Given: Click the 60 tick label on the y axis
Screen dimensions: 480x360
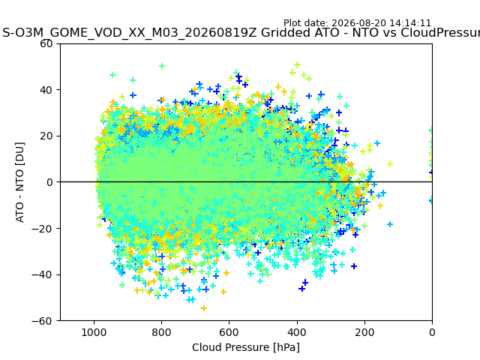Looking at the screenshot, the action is (46, 44).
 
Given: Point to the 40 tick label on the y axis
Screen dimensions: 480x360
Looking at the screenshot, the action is (46, 90).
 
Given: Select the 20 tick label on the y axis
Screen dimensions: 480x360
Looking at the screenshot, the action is (46, 136).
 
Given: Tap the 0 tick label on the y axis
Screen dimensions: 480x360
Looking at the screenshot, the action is (49, 182).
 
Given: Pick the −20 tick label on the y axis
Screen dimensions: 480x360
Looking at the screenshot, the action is (42, 229).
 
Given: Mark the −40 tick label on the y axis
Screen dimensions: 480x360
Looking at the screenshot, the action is (42, 275).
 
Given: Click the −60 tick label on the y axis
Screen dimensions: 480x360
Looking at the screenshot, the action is (42, 321).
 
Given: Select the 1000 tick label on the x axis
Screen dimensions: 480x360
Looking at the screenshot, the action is (94, 332).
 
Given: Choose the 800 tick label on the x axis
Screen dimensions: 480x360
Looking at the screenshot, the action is (162, 332).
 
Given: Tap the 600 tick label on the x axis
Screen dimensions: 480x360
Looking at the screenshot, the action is (229, 332).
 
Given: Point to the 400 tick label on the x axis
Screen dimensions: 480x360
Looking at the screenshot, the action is (297, 332).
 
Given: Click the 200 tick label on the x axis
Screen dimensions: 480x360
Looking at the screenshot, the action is (364, 332).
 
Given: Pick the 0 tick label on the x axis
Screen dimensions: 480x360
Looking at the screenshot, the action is (432, 332).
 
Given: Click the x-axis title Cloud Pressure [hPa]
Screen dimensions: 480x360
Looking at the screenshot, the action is (246, 348).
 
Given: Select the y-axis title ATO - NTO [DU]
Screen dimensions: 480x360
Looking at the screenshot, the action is (20, 182).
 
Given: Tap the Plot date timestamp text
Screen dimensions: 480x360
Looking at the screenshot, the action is (357, 23).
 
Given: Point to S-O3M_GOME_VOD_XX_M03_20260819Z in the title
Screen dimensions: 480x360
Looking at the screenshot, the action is (130, 32).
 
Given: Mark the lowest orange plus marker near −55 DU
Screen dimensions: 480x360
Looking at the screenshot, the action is (203, 308).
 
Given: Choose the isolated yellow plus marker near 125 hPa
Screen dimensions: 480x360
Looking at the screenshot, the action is (390, 164).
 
